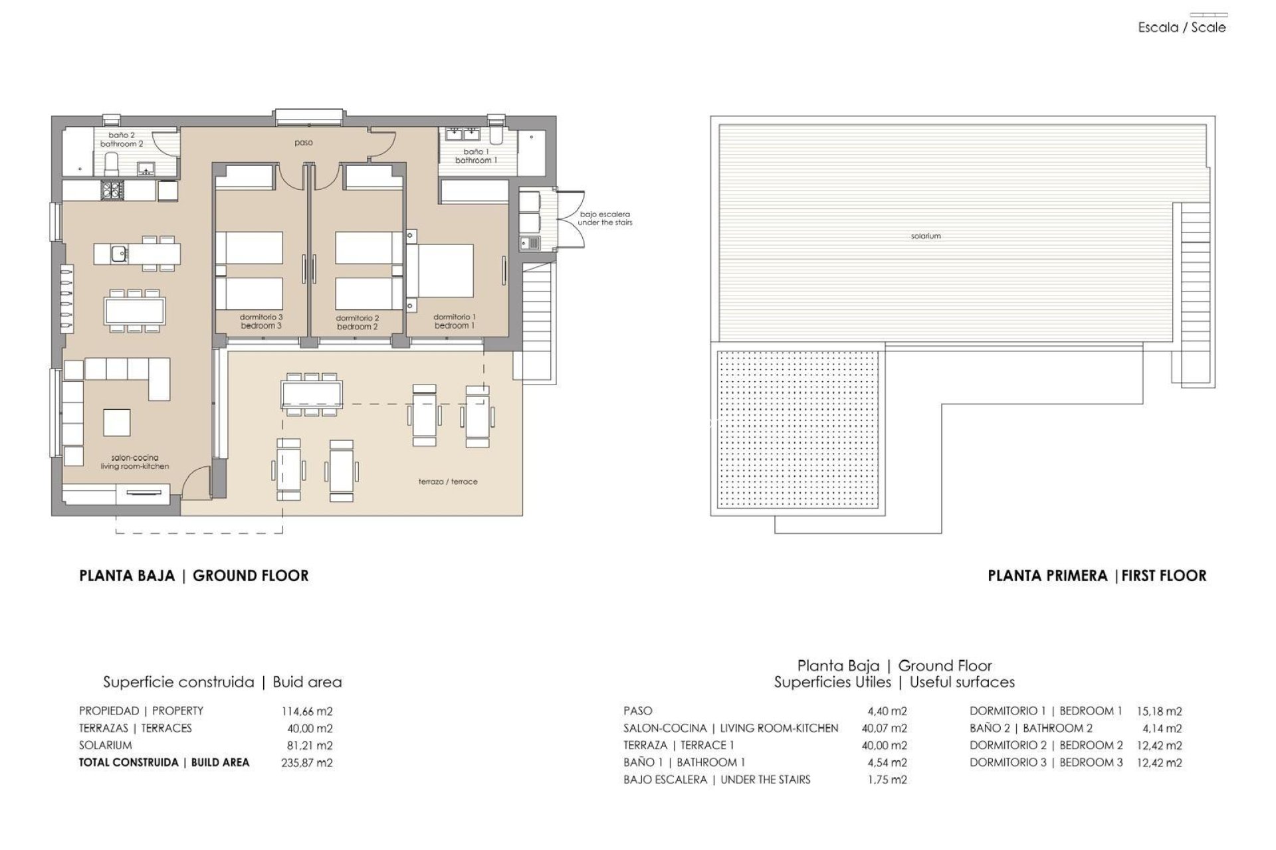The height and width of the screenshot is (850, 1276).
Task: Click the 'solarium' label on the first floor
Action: [925, 236]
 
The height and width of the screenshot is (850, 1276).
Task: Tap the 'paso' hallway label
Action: [304, 143]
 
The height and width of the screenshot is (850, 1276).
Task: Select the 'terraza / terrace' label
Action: [448, 481]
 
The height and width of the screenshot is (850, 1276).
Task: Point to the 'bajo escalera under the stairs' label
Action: [604, 218]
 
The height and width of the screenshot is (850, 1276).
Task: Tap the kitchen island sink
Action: [119, 253]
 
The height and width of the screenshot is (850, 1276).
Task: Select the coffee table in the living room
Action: [116, 422]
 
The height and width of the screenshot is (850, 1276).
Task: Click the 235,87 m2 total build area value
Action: [306, 762]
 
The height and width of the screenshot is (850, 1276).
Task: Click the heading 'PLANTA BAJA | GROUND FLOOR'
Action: [193, 576]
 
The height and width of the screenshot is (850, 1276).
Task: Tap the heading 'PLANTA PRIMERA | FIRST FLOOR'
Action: [1097, 576]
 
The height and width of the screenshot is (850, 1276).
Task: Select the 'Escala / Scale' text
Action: [1182, 28]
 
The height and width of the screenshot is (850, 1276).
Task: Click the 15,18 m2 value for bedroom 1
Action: [1159, 711]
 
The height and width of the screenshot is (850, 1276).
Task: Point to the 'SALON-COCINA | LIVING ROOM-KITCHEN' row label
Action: [730, 728]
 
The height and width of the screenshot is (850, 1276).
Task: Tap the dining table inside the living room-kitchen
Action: [134, 310]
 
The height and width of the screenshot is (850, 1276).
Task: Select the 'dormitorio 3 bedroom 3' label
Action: [261, 321]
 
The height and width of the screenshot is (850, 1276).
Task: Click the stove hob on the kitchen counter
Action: [110, 191]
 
